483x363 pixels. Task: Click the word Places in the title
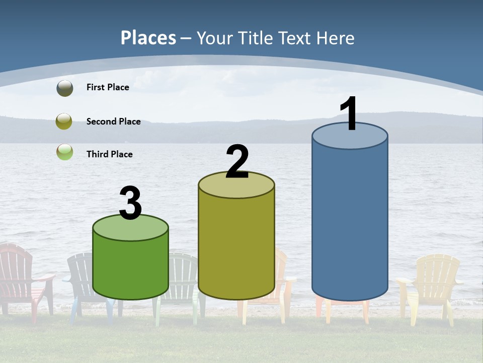pos(148,38)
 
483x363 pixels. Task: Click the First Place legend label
pos(108,87)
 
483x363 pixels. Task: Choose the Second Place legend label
pos(113,121)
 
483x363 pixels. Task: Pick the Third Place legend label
pos(109,154)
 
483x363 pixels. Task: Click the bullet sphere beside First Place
pos(64,88)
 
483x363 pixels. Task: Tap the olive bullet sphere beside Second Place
pos(64,121)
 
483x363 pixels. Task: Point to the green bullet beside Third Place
pos(64,152)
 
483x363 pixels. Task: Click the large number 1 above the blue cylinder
pos(349,114)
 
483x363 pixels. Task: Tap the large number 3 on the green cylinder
pos(130,203)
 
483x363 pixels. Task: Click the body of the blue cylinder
pos(350,222)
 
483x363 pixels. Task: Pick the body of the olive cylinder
pos(236,247)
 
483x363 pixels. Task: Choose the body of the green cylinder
pos(130,267)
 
